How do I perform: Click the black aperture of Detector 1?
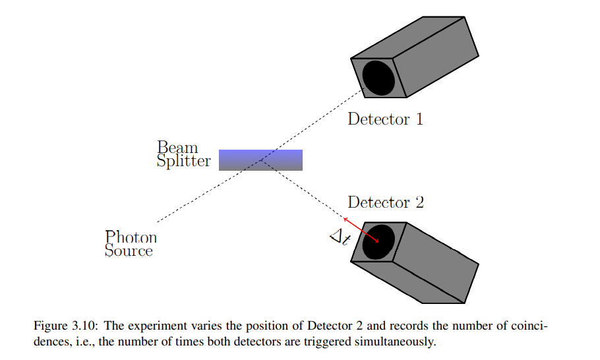379,77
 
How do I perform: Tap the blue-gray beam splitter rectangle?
260,160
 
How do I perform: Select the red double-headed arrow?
361,230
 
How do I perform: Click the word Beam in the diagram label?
177,147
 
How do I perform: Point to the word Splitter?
183,161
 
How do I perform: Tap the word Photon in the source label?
131,237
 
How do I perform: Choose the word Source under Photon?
129,251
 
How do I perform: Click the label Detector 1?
385,119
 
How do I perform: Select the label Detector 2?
386,202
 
